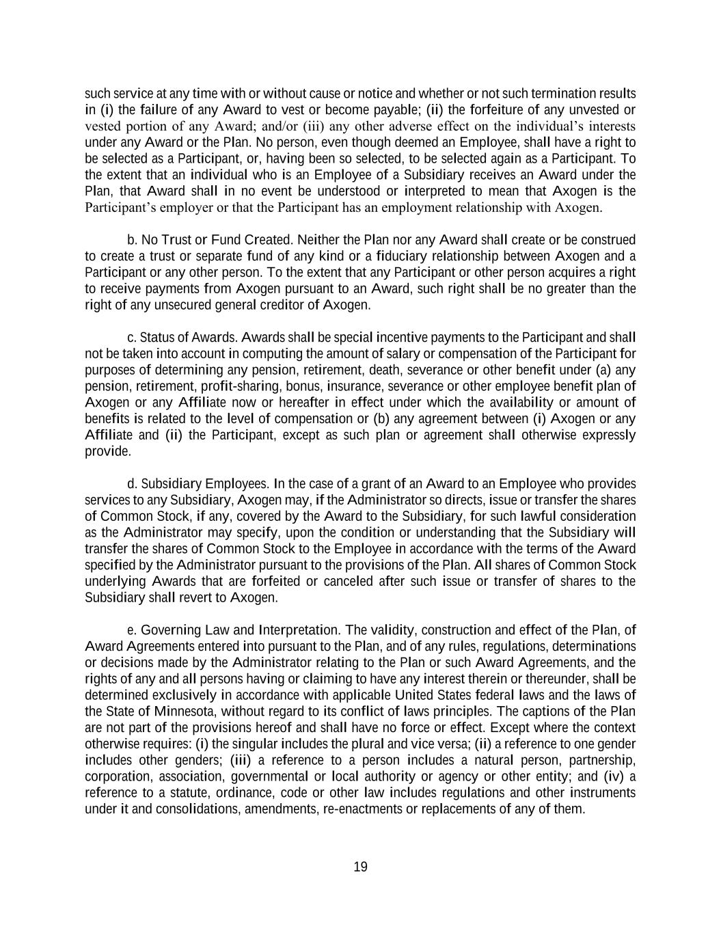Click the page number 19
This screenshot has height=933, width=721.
tap(360, 867)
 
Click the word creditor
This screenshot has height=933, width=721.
tap(282, 305)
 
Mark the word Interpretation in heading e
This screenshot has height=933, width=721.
tap(299, 630)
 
